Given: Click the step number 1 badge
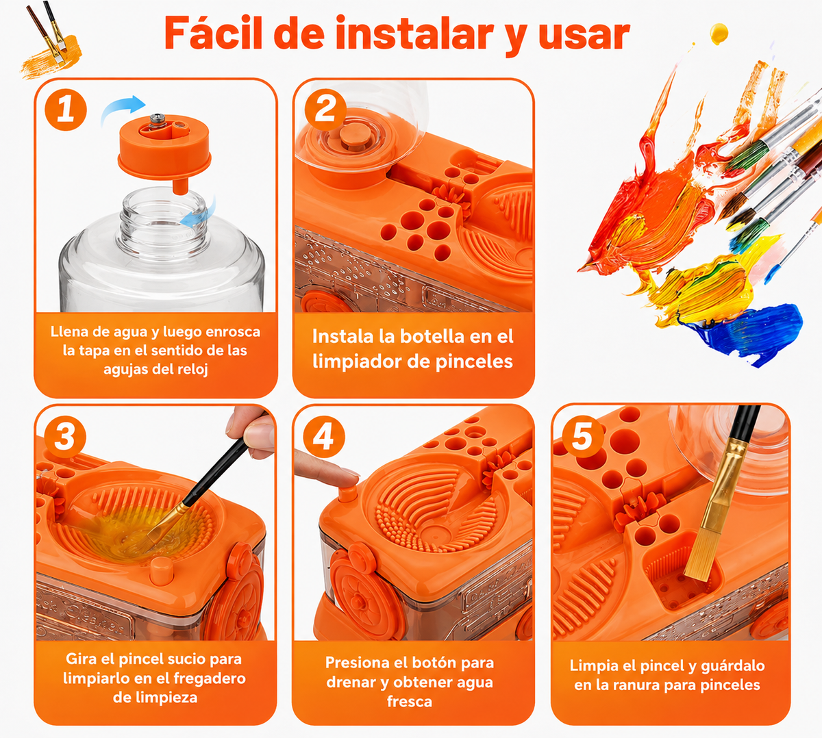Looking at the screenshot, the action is [66, 110].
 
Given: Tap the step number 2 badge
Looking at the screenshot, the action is [325, 110].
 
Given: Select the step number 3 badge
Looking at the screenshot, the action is [65, 437].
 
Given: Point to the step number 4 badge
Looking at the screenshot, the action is [324, 437].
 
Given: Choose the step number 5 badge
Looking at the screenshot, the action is [583, 437].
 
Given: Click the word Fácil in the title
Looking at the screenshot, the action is [219, 34].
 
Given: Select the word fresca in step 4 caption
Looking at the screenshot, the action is [410, 702].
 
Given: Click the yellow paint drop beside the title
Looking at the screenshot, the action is [719, 34].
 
